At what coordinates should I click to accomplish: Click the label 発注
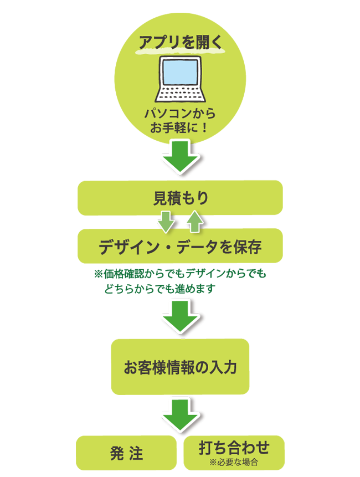[127, 453]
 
